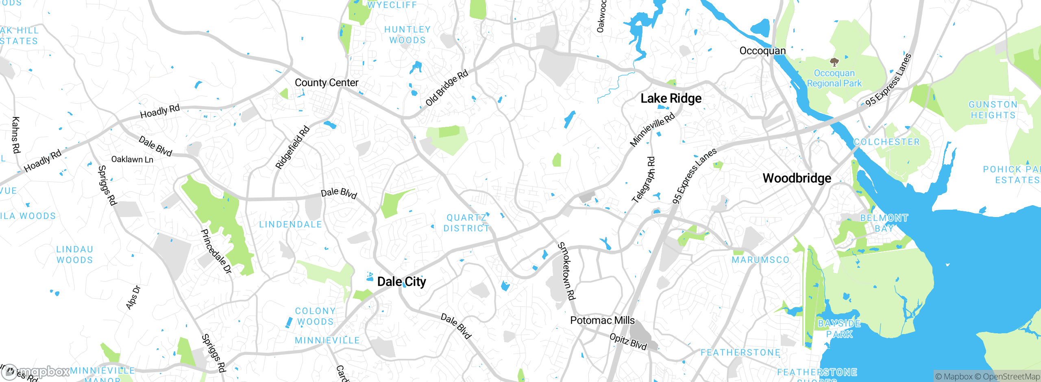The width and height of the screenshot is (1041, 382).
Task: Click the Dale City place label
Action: tap(401, 282)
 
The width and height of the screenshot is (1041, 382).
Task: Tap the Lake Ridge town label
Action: tap(671, 98)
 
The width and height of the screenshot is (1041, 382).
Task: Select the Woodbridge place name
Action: tap(797, 178)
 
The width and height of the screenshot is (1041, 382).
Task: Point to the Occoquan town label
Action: tap(762, 51)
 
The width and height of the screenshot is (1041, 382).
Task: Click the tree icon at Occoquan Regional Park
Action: tap(834, 62)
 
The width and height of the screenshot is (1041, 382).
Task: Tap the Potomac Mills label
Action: tap(602, 320)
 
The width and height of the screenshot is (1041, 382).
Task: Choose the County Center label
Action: tap(327, 82)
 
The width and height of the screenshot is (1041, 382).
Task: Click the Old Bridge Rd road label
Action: tap(447, 88)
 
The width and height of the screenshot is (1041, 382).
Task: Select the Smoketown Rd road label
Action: tap(566, 271)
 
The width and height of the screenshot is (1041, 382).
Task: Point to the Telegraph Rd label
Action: tap(644, 180)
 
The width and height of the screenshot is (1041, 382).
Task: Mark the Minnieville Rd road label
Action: tap(652, 130)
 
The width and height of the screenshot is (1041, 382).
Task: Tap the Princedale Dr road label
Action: tap(216, 251)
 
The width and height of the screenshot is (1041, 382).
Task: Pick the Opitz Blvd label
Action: tap(628, 341)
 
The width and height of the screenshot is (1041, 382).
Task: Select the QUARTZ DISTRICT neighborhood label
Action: tap(466, 223)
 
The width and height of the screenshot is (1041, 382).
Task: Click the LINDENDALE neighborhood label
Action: tap(290, 224)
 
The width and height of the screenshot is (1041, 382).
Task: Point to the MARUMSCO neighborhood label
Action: tap(760, 260)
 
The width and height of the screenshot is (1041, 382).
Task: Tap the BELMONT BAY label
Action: tap(884, 223)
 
